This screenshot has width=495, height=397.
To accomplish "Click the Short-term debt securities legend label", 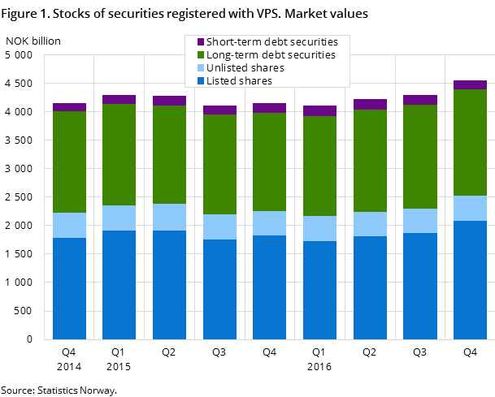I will (x=271, y=41).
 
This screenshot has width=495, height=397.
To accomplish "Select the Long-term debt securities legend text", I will (x=271, y=54).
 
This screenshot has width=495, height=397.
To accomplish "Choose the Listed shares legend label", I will (x=239, y=81).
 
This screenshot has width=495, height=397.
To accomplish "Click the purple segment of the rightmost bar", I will (x=470, y=84).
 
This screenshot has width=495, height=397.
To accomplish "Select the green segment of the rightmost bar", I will (x=470, y=142).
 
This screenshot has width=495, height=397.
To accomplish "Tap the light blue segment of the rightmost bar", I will (x=470, y=208).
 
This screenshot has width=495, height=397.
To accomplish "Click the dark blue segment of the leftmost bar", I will (x=69, y=288).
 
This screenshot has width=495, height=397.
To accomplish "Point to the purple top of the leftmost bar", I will (x=69, y=107).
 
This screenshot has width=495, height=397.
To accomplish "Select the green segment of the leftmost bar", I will (x=69, y=162).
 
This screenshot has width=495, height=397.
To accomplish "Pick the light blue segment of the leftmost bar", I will (x=69, y=225).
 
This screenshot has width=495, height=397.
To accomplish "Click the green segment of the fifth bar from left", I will (x=269, y=162).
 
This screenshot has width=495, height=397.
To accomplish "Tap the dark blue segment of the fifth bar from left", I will (x=269, y=287).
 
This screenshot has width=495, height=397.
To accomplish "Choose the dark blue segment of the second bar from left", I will (x=119, y=284).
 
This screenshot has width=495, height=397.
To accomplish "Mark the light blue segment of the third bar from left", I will (x=169, y=217).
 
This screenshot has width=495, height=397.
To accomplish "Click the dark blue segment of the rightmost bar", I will (x=470, y=279).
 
